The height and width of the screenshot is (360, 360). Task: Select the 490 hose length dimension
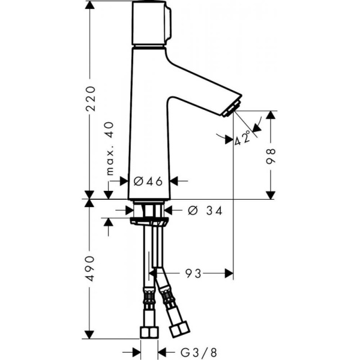click(90, 268)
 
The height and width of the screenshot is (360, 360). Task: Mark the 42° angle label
click(243, 139)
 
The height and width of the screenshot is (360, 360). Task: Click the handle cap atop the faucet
click(150, 24)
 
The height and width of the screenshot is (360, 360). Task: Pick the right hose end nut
click(179, 329)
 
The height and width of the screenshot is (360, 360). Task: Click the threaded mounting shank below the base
click(149, 210)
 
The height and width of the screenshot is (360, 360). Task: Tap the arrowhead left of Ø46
click(124, 181)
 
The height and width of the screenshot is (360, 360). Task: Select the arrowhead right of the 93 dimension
click(229, 274)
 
